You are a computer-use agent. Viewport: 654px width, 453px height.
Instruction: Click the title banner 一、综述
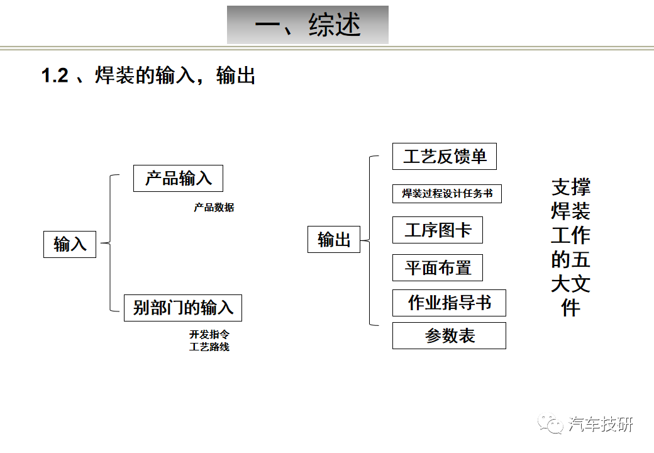(308, 25)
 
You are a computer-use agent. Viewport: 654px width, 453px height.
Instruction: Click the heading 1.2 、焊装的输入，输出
(148, 75)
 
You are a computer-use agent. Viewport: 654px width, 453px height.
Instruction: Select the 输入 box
(70, 245)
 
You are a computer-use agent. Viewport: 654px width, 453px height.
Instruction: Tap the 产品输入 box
(178, 179)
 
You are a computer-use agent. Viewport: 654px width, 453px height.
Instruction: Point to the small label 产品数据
(214, 208)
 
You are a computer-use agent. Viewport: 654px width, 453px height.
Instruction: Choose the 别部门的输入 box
(183, 308)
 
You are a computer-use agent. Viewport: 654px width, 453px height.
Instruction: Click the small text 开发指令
(209, 334)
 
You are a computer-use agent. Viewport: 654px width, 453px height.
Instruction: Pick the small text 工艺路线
(209, 347)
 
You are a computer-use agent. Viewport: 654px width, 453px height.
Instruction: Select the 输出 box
(334, 240)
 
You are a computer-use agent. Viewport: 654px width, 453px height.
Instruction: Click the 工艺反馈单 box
(445, 157)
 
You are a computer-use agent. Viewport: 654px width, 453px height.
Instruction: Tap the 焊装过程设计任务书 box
(447, 194)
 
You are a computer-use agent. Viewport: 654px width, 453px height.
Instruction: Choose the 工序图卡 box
(438, 230)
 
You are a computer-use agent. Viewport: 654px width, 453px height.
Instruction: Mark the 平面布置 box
(438, 268)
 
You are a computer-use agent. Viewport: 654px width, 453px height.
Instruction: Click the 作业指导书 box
(449, 303)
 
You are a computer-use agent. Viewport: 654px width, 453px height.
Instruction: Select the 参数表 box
(449, 335)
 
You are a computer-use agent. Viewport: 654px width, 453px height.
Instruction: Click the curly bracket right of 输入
(110, 243)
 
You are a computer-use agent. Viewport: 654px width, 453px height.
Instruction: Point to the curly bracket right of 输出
(370, 240)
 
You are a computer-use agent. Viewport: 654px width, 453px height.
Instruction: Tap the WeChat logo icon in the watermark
(551, 424)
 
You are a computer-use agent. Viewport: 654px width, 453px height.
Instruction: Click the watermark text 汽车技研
(601, 424)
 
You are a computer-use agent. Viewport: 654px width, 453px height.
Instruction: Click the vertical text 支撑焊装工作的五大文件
(570, 247)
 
